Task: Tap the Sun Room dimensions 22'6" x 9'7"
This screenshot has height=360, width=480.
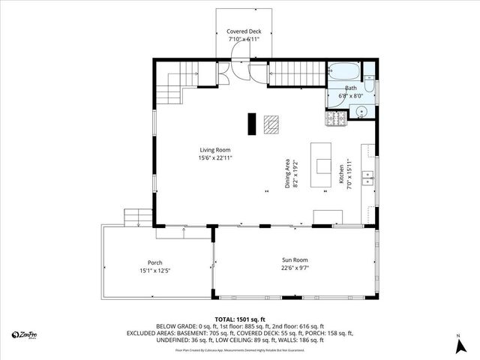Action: coord(295,268)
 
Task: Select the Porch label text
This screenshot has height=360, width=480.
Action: coord(155,262)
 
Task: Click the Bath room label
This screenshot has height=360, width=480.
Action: coord(351,88)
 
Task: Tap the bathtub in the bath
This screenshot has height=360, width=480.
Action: coord(345,73)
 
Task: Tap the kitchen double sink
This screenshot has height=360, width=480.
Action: coord(367,178)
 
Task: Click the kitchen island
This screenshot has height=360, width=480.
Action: coord(323,166)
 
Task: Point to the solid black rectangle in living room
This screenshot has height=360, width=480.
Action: coord(252,122)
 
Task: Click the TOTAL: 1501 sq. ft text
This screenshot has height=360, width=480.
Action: coord(240,319)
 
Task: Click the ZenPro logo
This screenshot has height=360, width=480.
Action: coord(26,334)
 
